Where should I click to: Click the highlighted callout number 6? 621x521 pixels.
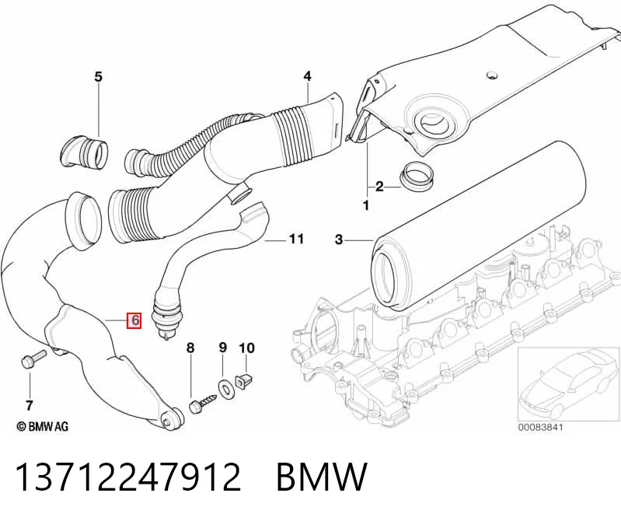pos(134,320)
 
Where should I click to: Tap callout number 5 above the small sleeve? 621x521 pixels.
pos(98,76)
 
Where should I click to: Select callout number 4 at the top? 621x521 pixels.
pos(307,76)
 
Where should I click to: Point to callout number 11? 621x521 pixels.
pos(296,240)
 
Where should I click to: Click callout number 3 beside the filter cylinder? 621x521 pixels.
pos(339,240)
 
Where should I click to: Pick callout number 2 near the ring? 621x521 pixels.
pos(379,186)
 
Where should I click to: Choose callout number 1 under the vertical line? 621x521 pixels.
pos(366,205)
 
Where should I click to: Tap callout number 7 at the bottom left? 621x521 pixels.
pos(29,406)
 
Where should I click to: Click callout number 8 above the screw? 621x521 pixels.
pos(190,348)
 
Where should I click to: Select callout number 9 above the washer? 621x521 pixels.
pos(223,348)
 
